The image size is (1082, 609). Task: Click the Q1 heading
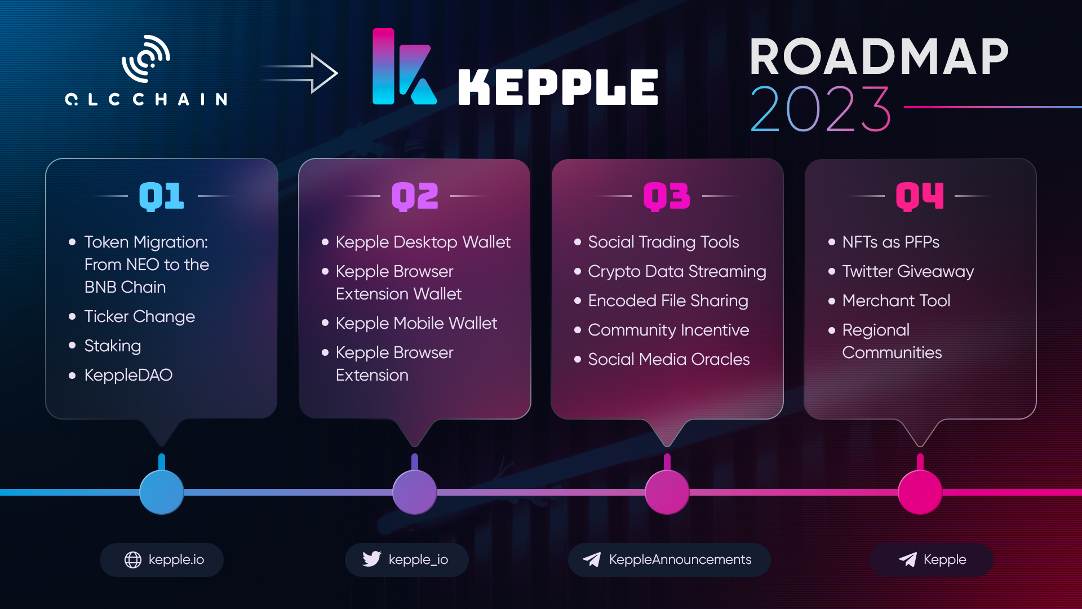coord(162,196)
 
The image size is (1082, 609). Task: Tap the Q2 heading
coord(415,196)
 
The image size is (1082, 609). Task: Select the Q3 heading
coord(667,196)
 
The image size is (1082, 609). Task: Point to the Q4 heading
coord(920,196)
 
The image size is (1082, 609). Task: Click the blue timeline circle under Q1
coord(162,492)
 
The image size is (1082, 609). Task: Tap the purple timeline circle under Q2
coord(415,492)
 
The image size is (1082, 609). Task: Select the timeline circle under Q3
coord(667,492)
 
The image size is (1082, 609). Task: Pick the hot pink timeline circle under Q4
coord(920,492)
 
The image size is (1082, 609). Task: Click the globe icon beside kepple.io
coord(133,560)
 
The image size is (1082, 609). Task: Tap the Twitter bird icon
coord(372,559)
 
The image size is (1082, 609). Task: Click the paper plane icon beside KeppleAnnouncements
coord(592,559)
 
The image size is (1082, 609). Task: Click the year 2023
coord(821,109)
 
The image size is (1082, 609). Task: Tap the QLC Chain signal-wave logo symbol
coord(147,59)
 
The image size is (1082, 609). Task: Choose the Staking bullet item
coord(113,346)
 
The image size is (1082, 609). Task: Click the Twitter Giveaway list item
coord(908,271)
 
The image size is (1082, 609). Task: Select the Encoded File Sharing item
coord(668,301)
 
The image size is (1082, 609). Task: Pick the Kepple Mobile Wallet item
coord(416,323)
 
